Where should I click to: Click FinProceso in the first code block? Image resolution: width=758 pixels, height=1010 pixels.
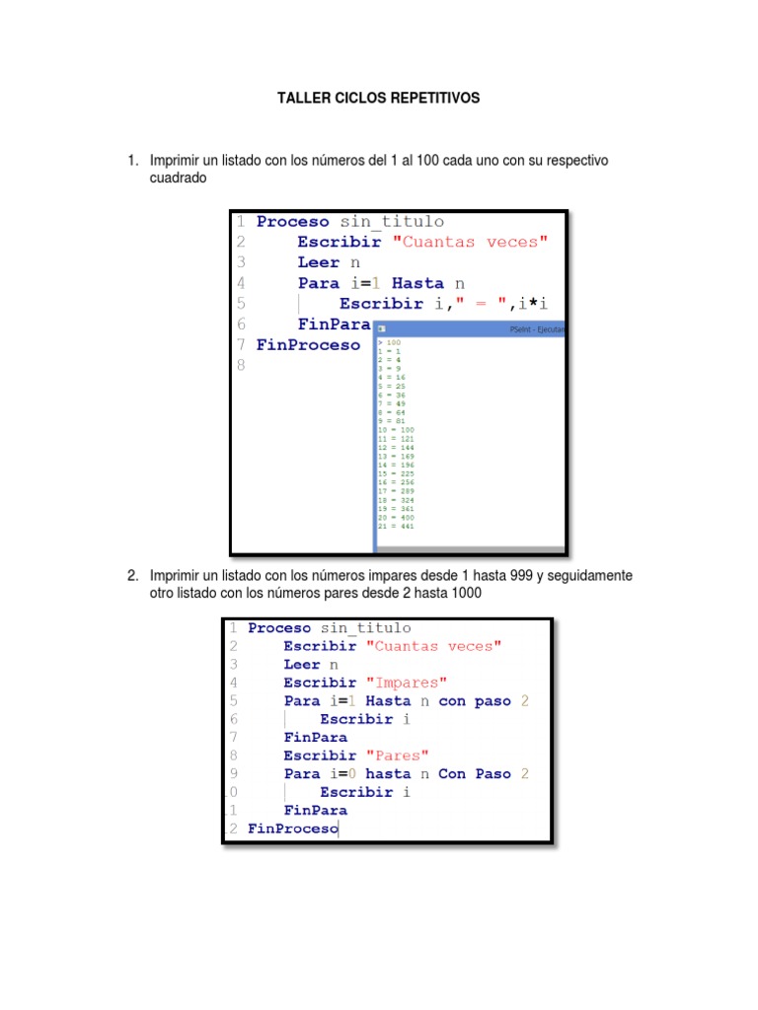click(x=308, y=345)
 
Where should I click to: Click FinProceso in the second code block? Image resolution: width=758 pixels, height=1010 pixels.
click(x=292, y=830)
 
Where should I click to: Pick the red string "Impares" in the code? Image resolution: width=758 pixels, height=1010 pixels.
click(x=407, y=683)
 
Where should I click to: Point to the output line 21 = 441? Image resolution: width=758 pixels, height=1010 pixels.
click(x=396, y=526)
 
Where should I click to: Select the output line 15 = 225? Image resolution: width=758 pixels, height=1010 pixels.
click(x=396, y=474)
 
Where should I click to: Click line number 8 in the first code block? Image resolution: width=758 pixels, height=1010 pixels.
click(x=240, y=365)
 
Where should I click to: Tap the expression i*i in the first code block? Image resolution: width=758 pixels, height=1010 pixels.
click(x=531, y=303)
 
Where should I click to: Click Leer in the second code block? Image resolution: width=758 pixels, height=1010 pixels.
click(x=302, y=665)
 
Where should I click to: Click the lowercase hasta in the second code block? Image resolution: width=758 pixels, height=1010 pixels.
click(x=387, y=774)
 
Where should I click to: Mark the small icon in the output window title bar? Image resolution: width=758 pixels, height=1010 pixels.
click(x=382, y=329)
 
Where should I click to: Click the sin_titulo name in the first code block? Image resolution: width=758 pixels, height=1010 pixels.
click(x=392, y=222)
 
